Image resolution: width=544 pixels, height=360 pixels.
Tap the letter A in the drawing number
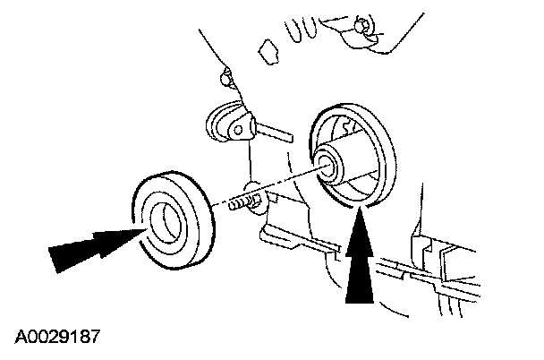(20, 338)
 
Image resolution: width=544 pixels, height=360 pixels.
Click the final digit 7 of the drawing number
(93, 338)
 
